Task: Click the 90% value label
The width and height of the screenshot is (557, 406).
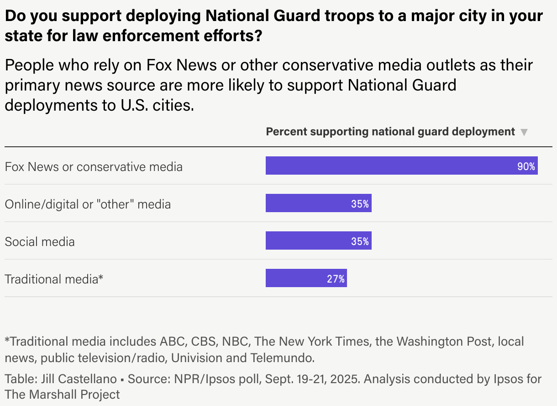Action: (526, 166)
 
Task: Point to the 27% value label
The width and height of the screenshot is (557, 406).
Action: (336, 279)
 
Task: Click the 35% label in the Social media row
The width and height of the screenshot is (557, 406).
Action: (360, 241)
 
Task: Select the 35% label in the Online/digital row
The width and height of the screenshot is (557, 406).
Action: (360, 204)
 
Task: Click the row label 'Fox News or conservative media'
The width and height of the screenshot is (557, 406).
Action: (94, 167)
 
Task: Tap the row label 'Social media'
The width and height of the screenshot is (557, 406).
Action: (40, 241)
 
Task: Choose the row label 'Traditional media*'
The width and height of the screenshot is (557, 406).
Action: (54, 279)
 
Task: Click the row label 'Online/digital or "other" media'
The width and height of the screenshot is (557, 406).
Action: (88, 204)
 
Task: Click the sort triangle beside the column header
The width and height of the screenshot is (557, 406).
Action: (524, 133)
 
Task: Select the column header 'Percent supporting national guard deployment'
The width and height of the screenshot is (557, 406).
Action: (390, 132)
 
